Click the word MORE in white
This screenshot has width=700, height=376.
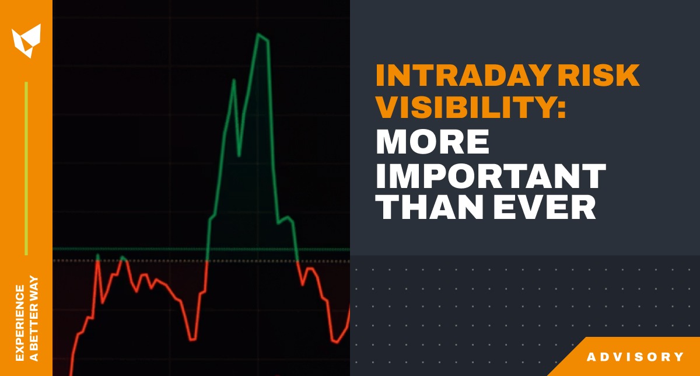pyautogui.click(x=432, y=142)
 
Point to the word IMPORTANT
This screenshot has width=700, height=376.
pyautogui.click(x=491, y=175)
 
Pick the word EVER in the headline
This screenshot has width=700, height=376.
pyautogui.click(x=545, y=208)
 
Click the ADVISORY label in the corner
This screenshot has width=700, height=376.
pyautogui.click(x=635, y=357)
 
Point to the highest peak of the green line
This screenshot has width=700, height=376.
pyautogui.click(x=258, y=34)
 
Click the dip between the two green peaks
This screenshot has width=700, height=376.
pyautogui.click(x=239, y=155)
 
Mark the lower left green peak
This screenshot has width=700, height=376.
pyautogui.click(x=233, y=80)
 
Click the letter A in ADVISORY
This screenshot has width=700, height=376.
pyautogui.click(x=591, y=357)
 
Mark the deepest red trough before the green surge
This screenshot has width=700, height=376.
pyautogui.click(x=192, y=339)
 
